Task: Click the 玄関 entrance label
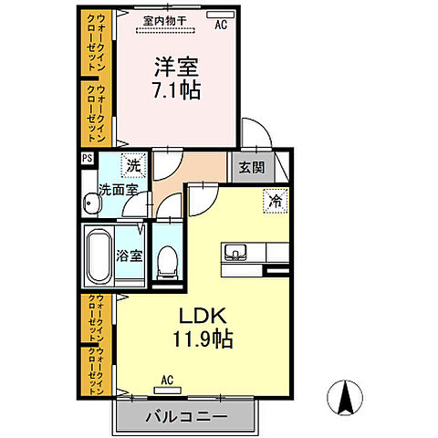coord(252,167)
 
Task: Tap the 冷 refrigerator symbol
coord(273,201)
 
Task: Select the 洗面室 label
coord(118,192)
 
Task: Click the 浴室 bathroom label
coord(130,256)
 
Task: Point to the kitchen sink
coord(234,252)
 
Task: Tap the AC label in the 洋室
coord(220,26)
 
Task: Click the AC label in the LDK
coord(168,380)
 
